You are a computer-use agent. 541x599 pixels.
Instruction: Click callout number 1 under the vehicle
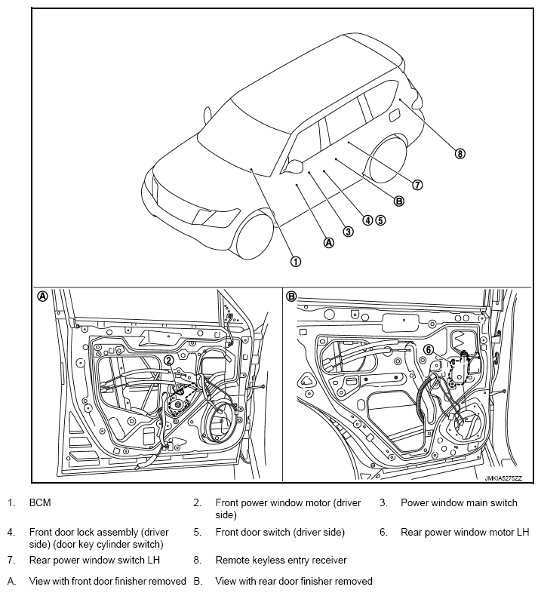click(296, 261)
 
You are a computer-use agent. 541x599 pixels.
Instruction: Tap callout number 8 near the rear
click(460, 154)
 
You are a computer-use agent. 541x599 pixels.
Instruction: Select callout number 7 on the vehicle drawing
click(417, 185)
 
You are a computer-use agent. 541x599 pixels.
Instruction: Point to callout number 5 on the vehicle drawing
click(381, 220)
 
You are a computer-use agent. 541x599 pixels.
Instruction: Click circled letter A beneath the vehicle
click(328, 243)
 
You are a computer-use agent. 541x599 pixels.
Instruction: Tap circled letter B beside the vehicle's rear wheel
click(399, 201)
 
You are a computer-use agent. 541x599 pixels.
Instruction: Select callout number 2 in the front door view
click(169, 361)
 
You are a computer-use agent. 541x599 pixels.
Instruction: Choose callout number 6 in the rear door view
click(428, 350)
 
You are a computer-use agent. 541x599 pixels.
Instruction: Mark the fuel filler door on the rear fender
click(394, 115)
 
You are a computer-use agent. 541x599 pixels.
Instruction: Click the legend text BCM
click(40, 502)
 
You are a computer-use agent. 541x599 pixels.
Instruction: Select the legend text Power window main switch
click(459, 502)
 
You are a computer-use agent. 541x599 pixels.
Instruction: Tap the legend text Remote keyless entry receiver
click(281, 561)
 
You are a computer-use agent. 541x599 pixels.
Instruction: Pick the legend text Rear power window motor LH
click(465, 533)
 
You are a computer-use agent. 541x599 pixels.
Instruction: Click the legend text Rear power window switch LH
click(94, 561)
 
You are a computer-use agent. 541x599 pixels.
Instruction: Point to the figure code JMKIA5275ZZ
click(505, 478)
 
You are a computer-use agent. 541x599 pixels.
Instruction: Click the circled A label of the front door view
click(43, 296)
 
